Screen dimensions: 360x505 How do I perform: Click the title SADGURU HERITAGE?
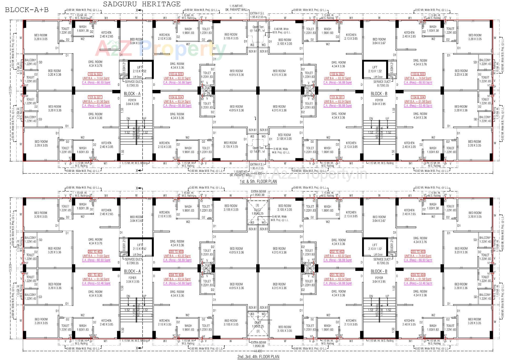click(142, 4)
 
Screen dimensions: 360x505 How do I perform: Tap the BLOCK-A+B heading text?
click(27, 10)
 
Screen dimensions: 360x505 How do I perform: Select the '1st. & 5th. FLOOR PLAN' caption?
click(258, 181)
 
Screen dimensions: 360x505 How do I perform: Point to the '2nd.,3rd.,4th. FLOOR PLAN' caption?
click(258, 357)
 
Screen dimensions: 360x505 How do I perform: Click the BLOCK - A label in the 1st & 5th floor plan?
click(132, 94)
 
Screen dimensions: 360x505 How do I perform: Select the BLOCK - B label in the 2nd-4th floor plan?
click(379, 271)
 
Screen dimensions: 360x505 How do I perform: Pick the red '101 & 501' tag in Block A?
click(95, 97)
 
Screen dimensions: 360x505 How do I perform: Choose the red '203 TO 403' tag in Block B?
click(418, 252)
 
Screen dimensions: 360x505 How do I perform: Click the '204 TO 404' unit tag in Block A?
click(176, 275)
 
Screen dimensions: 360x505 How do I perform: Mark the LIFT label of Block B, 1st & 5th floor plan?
click(375, 67)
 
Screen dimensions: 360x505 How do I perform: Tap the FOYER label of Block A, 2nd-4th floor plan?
click(132, 278)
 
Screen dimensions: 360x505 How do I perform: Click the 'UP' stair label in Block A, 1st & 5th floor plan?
click(144, 119)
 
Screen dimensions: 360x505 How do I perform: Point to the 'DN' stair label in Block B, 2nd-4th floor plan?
click(371, 296)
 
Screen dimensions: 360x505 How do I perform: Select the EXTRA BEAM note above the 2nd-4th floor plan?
click(258, 192)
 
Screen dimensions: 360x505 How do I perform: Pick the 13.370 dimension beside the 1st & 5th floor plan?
click(11, 90)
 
